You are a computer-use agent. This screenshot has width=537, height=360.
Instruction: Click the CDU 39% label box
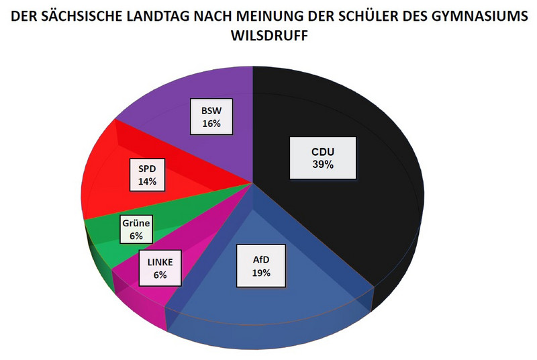pos(323,158)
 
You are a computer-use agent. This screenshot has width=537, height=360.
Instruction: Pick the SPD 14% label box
pos(147,175)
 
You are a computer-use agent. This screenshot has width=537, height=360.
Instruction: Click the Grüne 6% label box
pos(137,230)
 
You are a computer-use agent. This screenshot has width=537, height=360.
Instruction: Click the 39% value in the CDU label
pos(323,164)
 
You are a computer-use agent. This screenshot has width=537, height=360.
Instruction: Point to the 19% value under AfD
pos(261,273)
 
